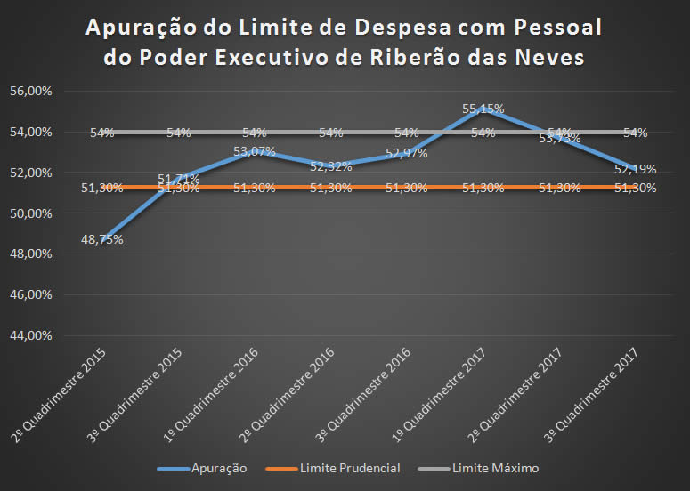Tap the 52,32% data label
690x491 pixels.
click(x=329, y=165)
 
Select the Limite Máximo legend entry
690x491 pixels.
click(x=494, y=467)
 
